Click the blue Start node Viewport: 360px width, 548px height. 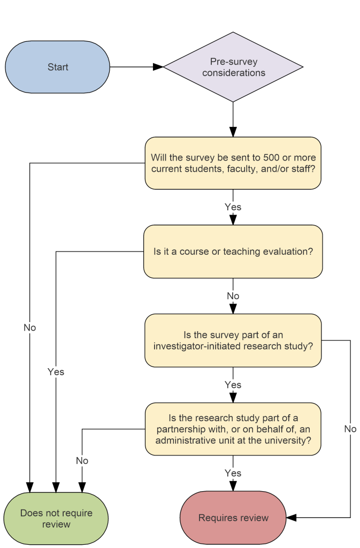57,67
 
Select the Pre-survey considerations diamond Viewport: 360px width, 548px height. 233,67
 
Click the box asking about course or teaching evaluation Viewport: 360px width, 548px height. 233,252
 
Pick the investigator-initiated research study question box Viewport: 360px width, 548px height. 233,340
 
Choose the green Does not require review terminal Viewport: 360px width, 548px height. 56,519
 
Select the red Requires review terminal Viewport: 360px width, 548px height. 233,517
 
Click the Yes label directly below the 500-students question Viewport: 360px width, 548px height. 233,207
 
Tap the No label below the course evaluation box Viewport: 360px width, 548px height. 233,296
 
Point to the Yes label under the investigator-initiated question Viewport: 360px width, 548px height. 233,385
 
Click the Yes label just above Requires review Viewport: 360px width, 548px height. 233,473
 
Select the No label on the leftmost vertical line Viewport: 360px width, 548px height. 29,328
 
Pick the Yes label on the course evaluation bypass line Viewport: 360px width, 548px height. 56,371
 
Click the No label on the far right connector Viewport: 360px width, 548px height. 350,429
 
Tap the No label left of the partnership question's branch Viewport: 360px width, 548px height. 82,460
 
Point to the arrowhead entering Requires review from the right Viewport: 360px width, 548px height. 292,517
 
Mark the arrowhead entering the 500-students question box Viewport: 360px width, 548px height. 233,132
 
